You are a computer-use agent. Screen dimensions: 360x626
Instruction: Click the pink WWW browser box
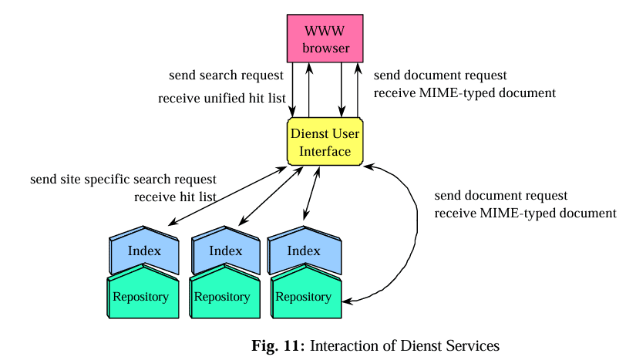325,40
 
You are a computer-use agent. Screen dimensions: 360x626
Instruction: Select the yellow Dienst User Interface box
325,142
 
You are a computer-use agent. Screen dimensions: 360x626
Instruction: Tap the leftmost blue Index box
144,251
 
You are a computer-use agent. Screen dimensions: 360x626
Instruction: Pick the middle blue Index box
225,251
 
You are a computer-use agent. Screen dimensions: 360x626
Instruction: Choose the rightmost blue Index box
304,251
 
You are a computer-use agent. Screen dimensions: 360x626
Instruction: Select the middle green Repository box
222,296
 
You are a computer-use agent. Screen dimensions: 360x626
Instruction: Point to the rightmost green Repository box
303,296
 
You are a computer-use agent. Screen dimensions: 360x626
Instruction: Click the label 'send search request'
226,76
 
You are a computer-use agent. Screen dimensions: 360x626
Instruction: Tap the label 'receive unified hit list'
222,99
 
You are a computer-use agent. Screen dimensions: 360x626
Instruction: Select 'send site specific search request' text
123,180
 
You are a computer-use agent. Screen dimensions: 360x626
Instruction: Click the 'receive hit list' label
174,197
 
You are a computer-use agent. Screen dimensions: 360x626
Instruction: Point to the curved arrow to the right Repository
416,231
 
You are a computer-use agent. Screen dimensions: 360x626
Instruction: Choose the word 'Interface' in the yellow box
325,151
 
